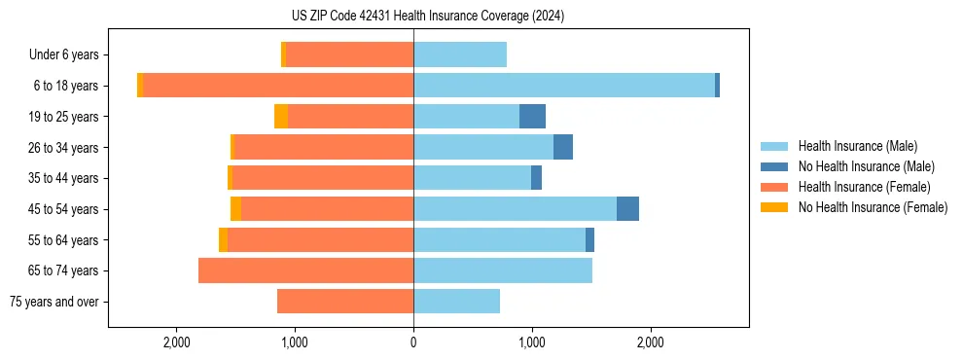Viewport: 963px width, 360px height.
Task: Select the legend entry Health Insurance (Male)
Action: point(857,146)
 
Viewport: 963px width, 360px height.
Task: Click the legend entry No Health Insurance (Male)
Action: point(866,166)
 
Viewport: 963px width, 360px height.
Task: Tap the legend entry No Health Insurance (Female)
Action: point(873,207)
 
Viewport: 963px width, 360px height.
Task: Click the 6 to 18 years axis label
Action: point(65,86)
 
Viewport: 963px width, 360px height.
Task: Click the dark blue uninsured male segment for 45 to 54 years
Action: point(627,209)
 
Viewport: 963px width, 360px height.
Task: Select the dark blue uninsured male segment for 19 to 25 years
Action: point(532,117)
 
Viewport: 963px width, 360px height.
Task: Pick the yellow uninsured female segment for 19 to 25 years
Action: point(281,117)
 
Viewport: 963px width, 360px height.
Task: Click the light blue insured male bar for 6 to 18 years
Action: point(564,86)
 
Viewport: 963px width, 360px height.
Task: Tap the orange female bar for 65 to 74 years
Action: point(306,270)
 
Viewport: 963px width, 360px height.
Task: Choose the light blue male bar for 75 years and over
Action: point(457,302)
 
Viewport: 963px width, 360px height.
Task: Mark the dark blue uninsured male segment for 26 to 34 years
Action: point(563,147)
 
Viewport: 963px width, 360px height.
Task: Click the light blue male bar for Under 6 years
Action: point(460,55)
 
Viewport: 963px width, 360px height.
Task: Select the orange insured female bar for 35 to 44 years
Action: point(323,178)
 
